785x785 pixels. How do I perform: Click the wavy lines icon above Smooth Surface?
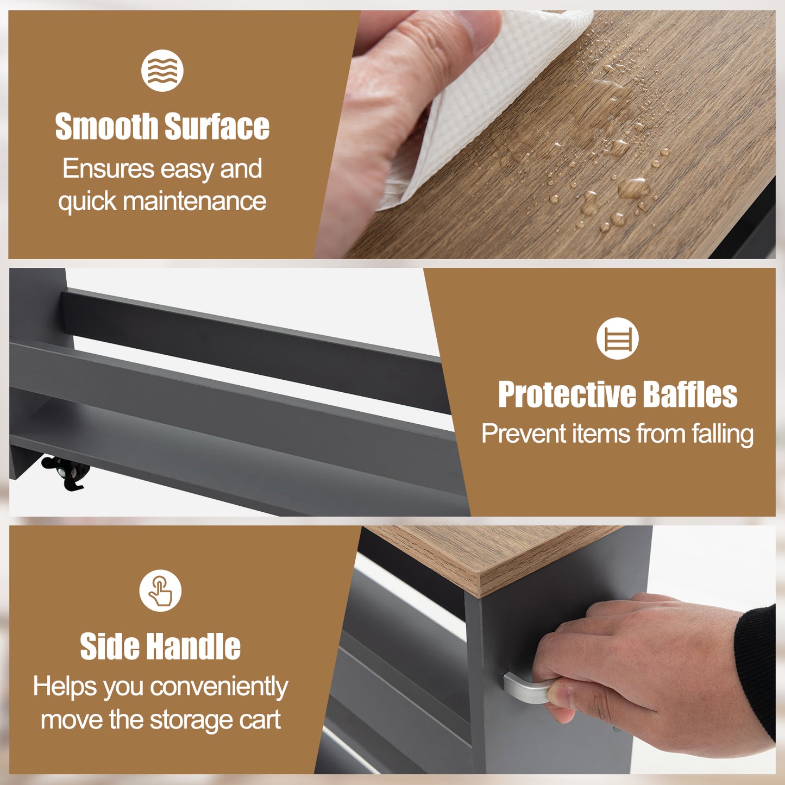(162, 71)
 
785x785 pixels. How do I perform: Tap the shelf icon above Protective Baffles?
(617, 338)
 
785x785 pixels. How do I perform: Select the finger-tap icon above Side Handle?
(160, 591)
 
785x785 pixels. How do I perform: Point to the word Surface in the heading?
(217, 126)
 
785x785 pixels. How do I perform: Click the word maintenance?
(194, 201)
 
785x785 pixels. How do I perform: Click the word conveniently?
(219, 687)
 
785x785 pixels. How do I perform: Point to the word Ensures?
(108, 168)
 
